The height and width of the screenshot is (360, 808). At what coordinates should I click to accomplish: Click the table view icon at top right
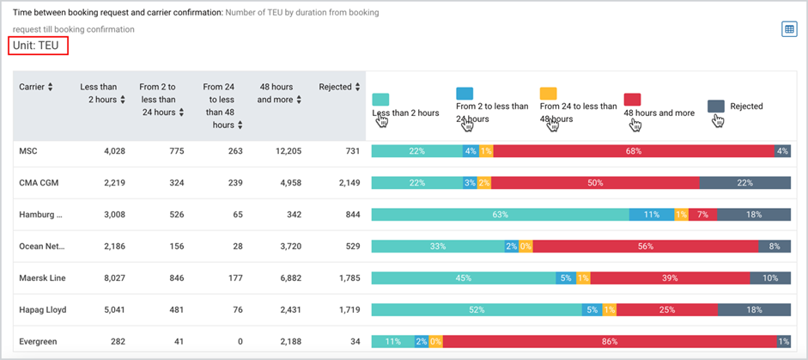[x=789, y=29]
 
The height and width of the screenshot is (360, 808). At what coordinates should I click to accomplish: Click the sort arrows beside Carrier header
[x=50, y=87]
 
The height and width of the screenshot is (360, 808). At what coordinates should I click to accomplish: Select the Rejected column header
[x=335, y=87]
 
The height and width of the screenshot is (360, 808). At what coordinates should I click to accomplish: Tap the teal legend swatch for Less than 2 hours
[x=380, y=100]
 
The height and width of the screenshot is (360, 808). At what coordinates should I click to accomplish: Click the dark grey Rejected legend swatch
[x=716, y=107]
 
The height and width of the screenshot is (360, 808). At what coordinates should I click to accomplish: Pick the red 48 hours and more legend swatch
[x=632, y=100]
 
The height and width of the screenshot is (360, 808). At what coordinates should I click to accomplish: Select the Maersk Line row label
[x=42, y=278]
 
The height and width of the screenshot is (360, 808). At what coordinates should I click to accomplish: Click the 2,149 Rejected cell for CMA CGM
[x=349, y=183]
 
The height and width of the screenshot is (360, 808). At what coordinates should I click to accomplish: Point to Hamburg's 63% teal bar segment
[x=501, y=215]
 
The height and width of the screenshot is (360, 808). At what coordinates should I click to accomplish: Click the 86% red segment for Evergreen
[x=610, y=341]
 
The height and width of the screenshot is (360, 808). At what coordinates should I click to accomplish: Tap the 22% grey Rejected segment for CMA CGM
[x=745, y=183]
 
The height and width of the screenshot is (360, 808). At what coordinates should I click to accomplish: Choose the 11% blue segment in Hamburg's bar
[x=652, y=215]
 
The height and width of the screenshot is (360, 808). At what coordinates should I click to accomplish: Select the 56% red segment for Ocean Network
[x=646, y=247]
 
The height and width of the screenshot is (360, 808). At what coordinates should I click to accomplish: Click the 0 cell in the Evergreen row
[x=240, y=341]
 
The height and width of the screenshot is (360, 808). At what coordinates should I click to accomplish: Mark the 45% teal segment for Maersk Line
[x=464, y=278]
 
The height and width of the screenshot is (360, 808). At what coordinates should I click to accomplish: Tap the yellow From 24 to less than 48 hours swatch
[x=549, y=94]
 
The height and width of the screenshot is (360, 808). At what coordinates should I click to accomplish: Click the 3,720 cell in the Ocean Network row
[x=291, y=247]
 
